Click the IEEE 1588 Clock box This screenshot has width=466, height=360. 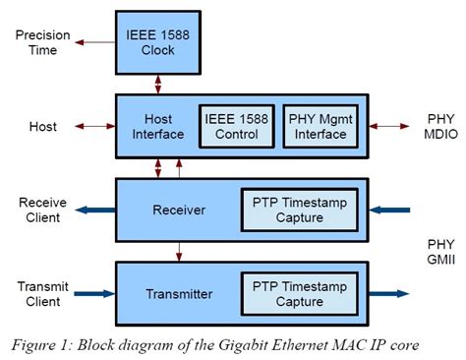(156, 42)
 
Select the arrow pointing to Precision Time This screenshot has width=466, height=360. (95, 42)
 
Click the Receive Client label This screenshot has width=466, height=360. (41, 210)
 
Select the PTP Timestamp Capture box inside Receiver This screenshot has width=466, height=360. (299, 210)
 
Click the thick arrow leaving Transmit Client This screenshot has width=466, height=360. (95, 293)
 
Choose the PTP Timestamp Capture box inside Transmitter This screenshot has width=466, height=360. (299, 293)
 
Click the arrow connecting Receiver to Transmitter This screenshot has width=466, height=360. (178, 250)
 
